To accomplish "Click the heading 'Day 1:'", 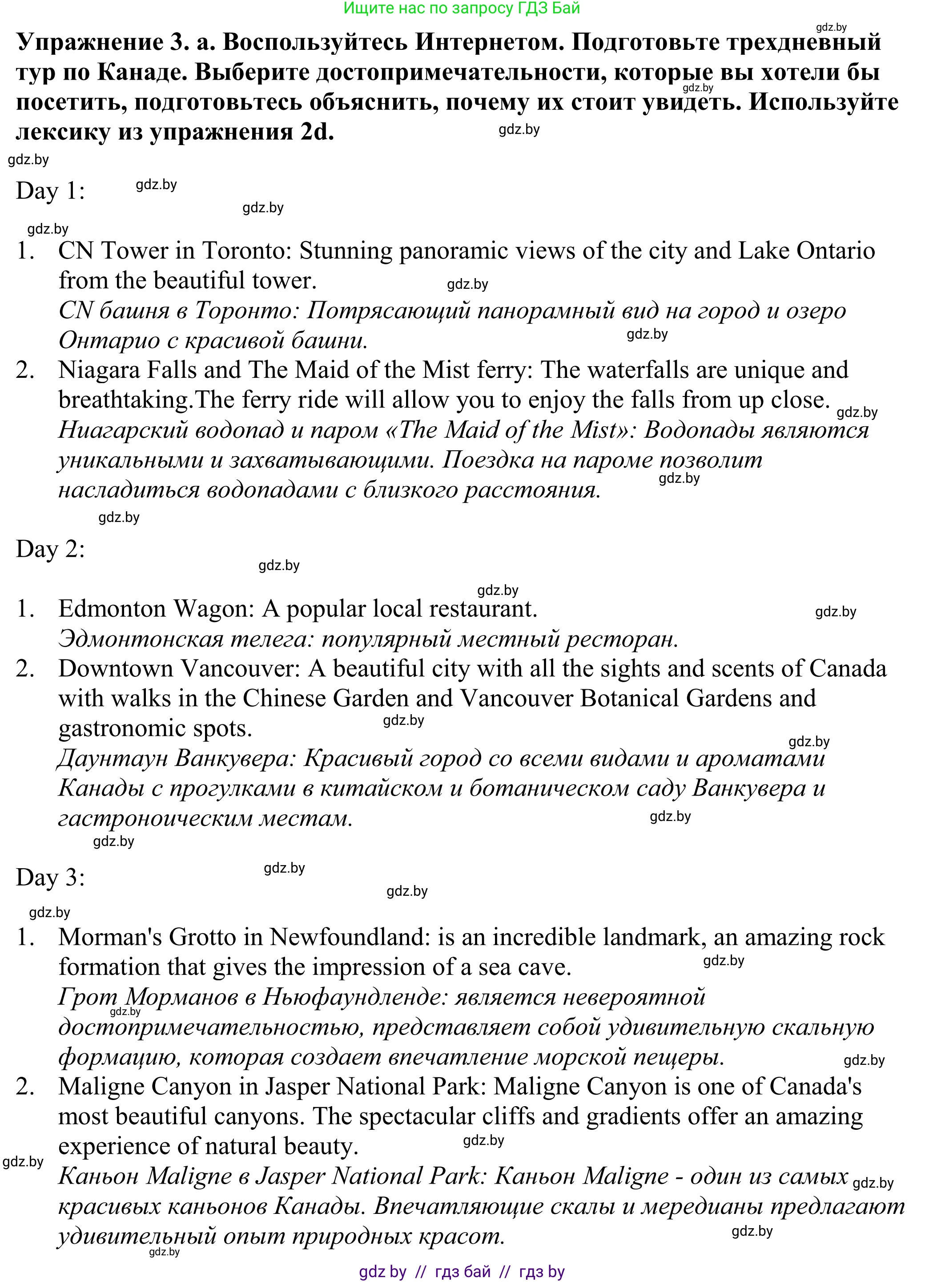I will point(50,191).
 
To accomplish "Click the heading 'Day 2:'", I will point(50,549).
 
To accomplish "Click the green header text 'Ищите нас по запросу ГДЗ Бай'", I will point(462,8).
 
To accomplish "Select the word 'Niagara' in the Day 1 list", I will point(99,370).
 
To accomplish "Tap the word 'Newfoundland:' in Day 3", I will point(350,938).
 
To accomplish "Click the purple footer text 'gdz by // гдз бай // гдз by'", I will point(462,1272).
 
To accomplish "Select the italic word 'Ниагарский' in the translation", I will point(124,430).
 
